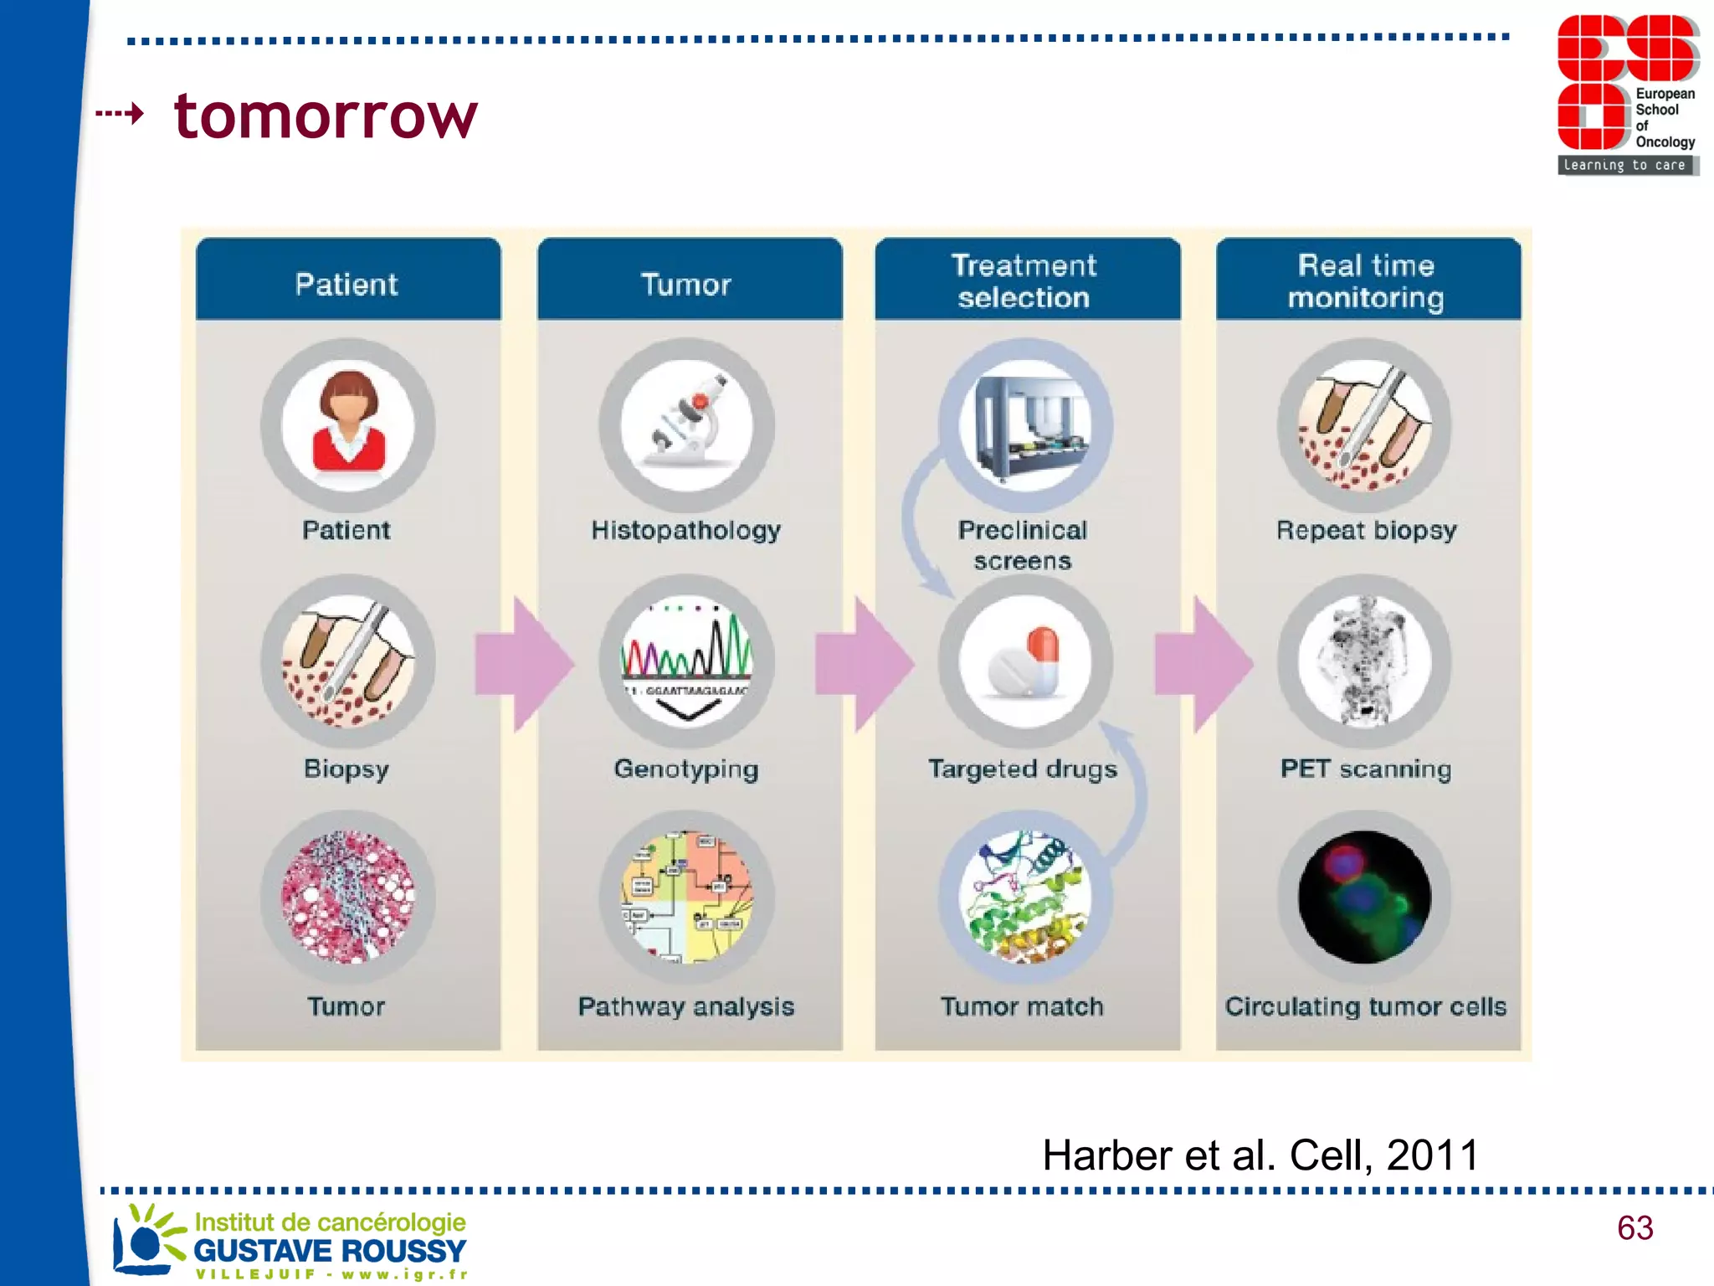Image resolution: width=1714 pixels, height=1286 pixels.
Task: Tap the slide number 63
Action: (1634, 1228)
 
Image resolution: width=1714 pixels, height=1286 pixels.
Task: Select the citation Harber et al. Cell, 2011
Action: (1260, 1155)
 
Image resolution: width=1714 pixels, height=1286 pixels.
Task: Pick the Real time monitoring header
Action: (1366, 281)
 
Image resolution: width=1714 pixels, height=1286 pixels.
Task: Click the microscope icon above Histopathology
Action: (686, 425)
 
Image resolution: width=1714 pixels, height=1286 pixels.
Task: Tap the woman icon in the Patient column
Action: (348, 425)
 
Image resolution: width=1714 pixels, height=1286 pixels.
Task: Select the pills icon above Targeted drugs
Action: (1025, 661)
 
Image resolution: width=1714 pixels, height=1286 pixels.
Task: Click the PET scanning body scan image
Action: (1364, 661)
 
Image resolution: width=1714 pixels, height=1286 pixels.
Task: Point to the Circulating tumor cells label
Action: (1366, 1006)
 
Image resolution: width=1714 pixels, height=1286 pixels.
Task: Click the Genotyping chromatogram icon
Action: (686, 661)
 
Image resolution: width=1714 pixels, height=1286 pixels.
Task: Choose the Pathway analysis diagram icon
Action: (686, 898)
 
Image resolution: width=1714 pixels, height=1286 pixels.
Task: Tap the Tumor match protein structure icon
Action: (1025, 898)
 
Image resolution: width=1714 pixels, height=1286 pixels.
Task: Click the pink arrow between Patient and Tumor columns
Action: (524, 664)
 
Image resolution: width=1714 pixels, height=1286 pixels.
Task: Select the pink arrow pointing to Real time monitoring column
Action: (1203, 664)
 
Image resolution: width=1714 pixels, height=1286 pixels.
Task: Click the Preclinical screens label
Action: (1023, 545)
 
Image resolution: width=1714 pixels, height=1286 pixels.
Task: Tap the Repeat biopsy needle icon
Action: (1364, 425)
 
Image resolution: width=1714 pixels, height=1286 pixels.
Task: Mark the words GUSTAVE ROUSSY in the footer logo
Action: (330, 1251)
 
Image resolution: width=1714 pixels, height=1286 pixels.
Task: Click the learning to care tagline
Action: (1624, 166)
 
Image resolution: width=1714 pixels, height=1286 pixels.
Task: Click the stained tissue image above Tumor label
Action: (348, 898)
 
